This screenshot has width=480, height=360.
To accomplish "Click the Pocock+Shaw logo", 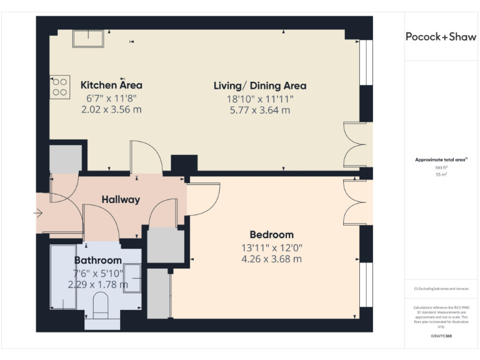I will (441, 37).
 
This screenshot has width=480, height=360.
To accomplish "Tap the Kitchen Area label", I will (111, 85).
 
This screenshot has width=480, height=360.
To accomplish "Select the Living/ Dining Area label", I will (259, 86).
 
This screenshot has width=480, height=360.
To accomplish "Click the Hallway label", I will (121, 200).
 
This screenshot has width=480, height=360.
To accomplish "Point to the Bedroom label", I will (271, 234).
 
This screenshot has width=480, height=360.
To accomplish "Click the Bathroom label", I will (97, 260).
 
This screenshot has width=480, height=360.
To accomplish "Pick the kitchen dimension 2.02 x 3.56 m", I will (111, 109).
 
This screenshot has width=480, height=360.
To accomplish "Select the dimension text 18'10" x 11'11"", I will (259, 99).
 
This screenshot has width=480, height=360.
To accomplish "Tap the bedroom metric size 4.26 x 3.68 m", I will (271, 259).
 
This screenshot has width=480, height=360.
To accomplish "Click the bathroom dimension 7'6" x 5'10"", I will (98, 272).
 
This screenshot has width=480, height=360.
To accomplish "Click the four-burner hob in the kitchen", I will (60, 87).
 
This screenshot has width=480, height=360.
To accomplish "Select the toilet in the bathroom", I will (100, 306).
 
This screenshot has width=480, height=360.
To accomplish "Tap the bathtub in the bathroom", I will (62, 277).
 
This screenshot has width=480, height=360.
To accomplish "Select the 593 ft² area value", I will (441, 167).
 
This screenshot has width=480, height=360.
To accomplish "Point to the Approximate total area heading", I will (441, 160).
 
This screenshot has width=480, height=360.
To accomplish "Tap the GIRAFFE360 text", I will (441, 336).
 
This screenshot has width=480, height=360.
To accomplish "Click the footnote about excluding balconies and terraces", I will (441, 288).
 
